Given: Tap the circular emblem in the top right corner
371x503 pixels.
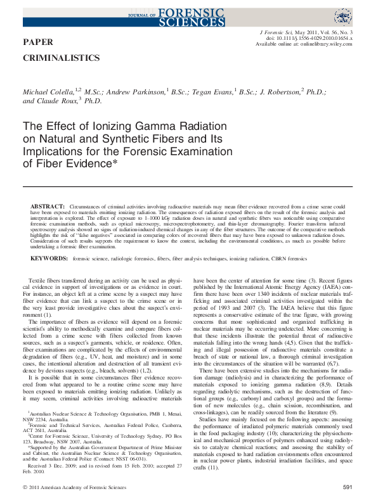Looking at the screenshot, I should (342, 16).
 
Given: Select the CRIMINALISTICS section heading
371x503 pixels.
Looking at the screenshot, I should (61, 58).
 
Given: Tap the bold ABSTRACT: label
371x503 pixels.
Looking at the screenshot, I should (48, 207).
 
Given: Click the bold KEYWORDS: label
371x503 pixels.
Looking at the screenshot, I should (49, 258).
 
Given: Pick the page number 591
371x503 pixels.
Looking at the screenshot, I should (347, 487).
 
